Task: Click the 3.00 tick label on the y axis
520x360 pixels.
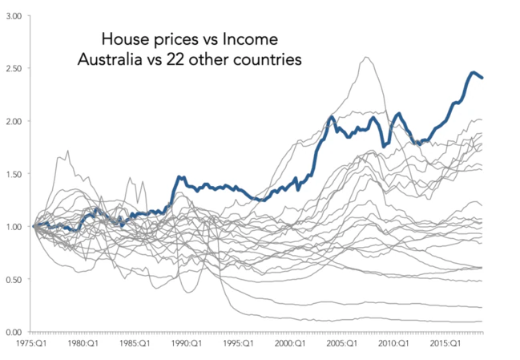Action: pos(14,15)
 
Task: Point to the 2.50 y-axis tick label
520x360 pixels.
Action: pos(14,68)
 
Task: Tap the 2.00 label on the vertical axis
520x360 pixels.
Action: pos(14,121)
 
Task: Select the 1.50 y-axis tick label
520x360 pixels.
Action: pos(14,174)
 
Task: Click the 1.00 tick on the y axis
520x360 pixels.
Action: pos(14,226)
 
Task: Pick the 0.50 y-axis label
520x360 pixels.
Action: pos(14,279)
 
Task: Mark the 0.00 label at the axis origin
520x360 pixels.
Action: pos(14,332)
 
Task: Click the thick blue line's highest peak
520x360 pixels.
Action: pos(473,73)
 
